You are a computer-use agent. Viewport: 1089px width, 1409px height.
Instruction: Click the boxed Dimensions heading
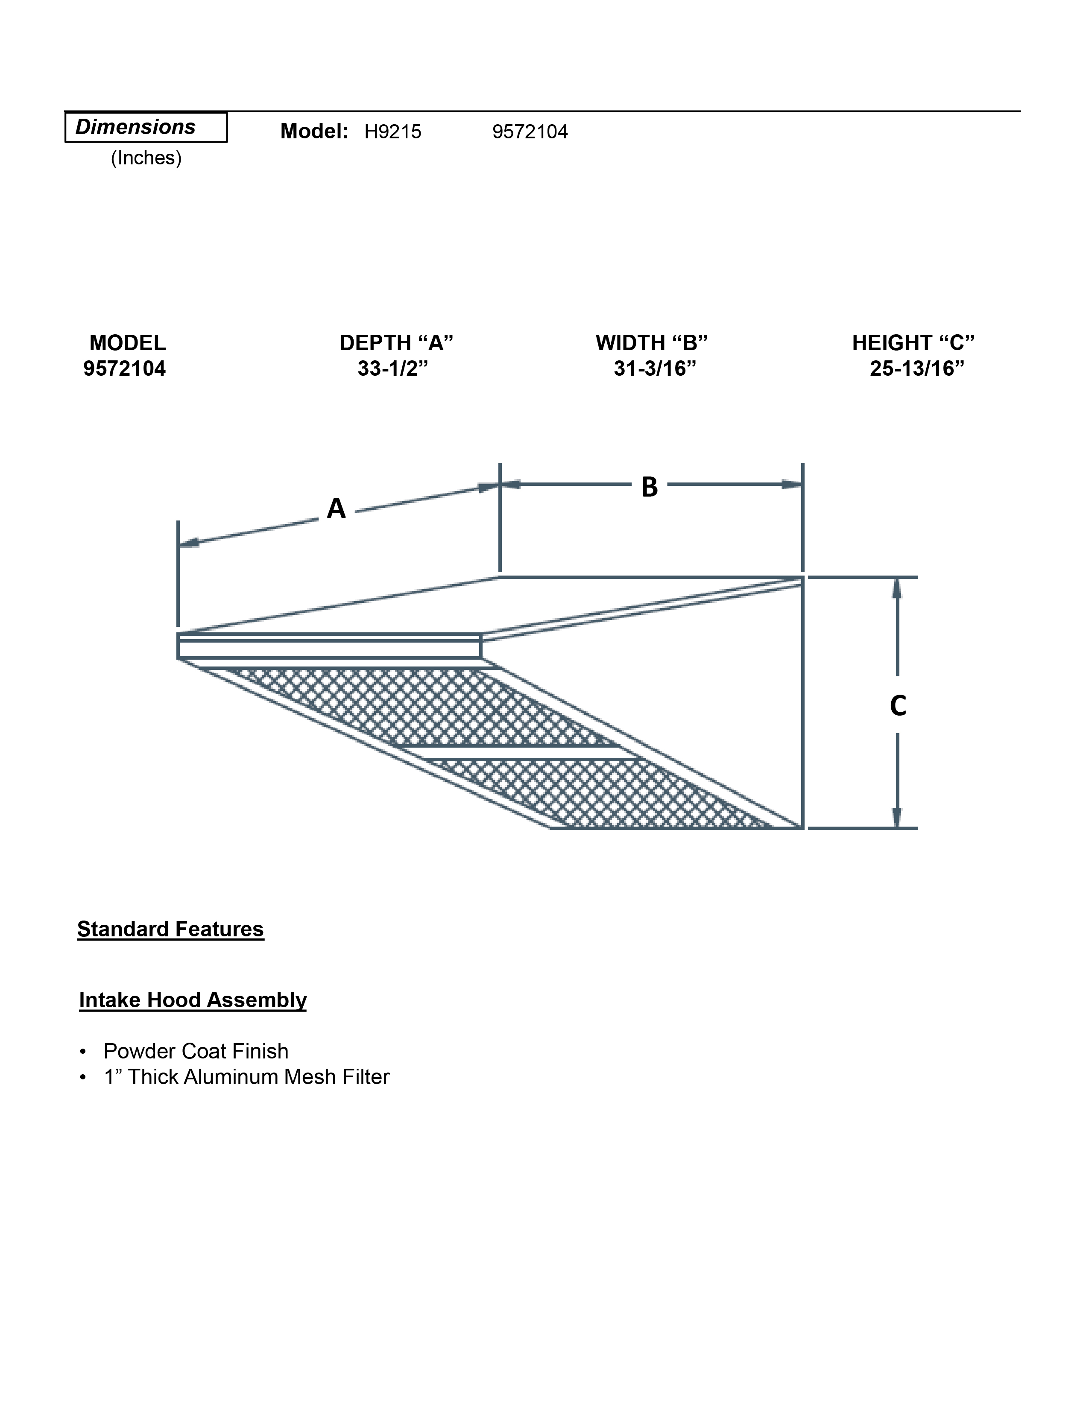(145, 127)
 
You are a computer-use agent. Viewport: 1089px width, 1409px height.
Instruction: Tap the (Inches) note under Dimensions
(146, 158)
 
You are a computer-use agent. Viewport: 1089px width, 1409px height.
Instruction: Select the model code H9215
(392, 132)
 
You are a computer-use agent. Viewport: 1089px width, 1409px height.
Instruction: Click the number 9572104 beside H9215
(530, 132)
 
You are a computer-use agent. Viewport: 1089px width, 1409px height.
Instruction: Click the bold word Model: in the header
(314, 132)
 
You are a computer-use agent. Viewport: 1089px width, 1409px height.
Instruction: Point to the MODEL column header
(127, 342)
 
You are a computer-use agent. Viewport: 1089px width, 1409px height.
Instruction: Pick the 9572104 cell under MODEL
(125, 368)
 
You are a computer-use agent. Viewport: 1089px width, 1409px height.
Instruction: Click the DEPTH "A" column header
(396, 342)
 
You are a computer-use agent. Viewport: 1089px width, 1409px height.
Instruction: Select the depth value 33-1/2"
(393, 368)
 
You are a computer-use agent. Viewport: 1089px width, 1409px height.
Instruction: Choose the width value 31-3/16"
(655, 368)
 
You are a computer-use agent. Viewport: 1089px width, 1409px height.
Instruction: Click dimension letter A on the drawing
(336, 509)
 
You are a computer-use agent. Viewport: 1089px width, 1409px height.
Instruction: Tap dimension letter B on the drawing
(649, 487)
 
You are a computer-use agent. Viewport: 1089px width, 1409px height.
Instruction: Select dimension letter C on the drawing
(897, 706)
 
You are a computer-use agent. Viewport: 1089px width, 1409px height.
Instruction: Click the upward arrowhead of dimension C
(897, 588)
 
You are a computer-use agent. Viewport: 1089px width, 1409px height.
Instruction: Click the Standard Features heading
(170, 929)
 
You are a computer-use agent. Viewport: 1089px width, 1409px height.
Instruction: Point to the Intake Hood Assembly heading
(192, 1000)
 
